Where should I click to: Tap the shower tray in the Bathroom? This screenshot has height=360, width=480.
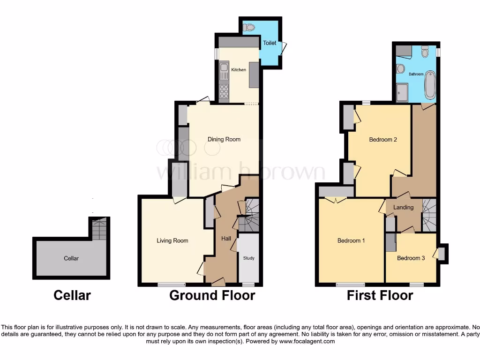click(x=402, y=93)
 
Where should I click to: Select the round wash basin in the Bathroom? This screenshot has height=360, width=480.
click(x=401, y=69)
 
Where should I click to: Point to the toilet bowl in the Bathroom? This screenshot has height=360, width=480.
click(x=425, y=52)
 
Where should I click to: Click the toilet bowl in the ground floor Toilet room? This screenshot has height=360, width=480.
click(x=249, y=28)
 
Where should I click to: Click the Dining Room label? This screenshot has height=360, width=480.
click(x=224, y=139)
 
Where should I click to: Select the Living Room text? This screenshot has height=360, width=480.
click(x=172, y=240)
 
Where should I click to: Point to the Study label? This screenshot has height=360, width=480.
click(x=248, y=258)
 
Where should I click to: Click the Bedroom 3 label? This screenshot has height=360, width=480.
click(x=411, y=258)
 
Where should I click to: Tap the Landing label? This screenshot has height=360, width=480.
click(x=403, y=207)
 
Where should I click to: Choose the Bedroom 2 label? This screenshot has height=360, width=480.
click(x=383, y=139)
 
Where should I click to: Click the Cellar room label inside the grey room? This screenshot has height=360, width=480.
click(x=71, y=258)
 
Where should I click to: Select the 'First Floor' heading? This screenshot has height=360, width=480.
click(x=380, y=295)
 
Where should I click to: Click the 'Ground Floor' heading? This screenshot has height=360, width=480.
click(x=212, y=295)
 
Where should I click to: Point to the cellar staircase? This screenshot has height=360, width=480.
click(x=98, y=228)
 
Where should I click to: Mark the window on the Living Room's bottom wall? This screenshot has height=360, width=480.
click(x=171, y=284)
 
